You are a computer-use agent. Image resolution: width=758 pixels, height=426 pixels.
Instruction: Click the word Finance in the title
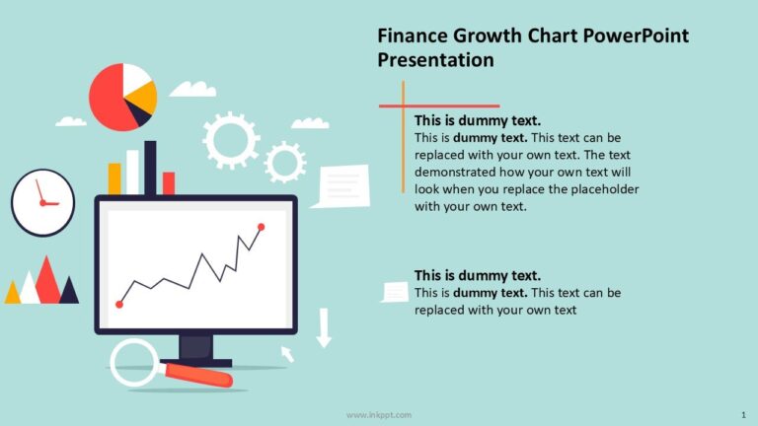coord(413,36)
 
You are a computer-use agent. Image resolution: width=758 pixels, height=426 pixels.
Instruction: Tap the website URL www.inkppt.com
coord(379,415)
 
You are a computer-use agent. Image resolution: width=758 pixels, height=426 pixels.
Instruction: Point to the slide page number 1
coord(742,415)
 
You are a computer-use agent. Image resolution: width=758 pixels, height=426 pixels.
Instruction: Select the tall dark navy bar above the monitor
coord(150,168)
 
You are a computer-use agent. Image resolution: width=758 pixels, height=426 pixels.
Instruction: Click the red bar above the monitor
coord(169,183)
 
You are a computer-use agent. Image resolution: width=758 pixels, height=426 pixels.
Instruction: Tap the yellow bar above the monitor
coord(114,178)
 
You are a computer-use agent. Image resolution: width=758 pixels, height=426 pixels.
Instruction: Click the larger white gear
coord(230,141)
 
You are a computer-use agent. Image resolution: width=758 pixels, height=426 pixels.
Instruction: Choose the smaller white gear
coord(285,162)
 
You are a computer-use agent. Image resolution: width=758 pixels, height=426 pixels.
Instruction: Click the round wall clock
coord(42,202)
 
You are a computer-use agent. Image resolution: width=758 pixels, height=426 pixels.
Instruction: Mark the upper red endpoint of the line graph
coord(262,227)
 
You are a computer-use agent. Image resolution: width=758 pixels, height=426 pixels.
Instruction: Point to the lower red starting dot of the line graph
coord(119,304)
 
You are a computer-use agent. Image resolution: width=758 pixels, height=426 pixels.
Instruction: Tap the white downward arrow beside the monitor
coord(324,328)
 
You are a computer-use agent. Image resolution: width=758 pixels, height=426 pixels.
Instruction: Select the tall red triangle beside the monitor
coord(45,281)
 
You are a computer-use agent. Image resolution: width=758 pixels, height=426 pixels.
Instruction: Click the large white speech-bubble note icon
coord(341,185)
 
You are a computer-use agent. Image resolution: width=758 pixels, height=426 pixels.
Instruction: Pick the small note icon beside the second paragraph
coord(395,292)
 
